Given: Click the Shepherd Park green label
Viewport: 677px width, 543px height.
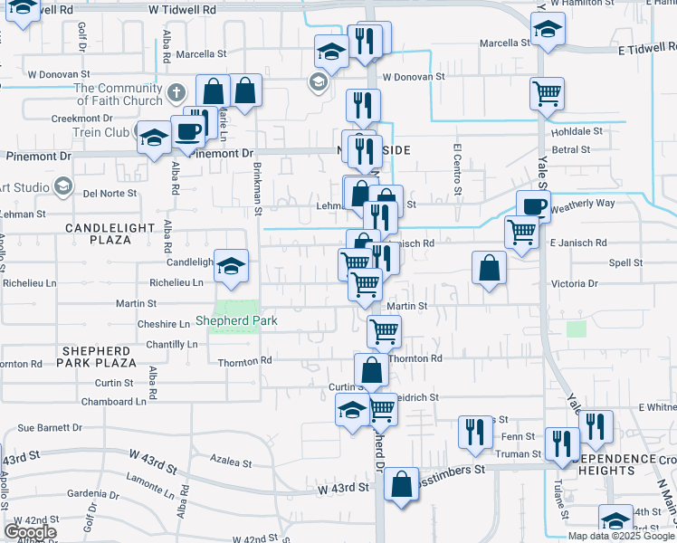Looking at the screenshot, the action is pos(238,321).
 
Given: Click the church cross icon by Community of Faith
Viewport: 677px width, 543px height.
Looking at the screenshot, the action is pos(176,91).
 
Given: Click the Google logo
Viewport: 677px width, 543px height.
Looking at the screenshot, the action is pos(30,532).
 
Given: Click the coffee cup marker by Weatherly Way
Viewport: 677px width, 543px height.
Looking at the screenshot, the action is pos(533,206).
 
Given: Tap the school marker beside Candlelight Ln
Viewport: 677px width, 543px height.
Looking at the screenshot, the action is pos(233,265).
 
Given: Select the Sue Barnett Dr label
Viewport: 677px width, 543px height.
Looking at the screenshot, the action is pos(50,427).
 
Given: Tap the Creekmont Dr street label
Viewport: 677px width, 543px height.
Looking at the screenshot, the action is pos(81,118).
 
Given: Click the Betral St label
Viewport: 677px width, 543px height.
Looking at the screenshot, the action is pos(570,149).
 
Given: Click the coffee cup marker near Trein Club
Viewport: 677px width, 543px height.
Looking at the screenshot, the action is pos(188,131).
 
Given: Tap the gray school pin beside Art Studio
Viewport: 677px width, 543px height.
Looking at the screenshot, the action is pos(63,186).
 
